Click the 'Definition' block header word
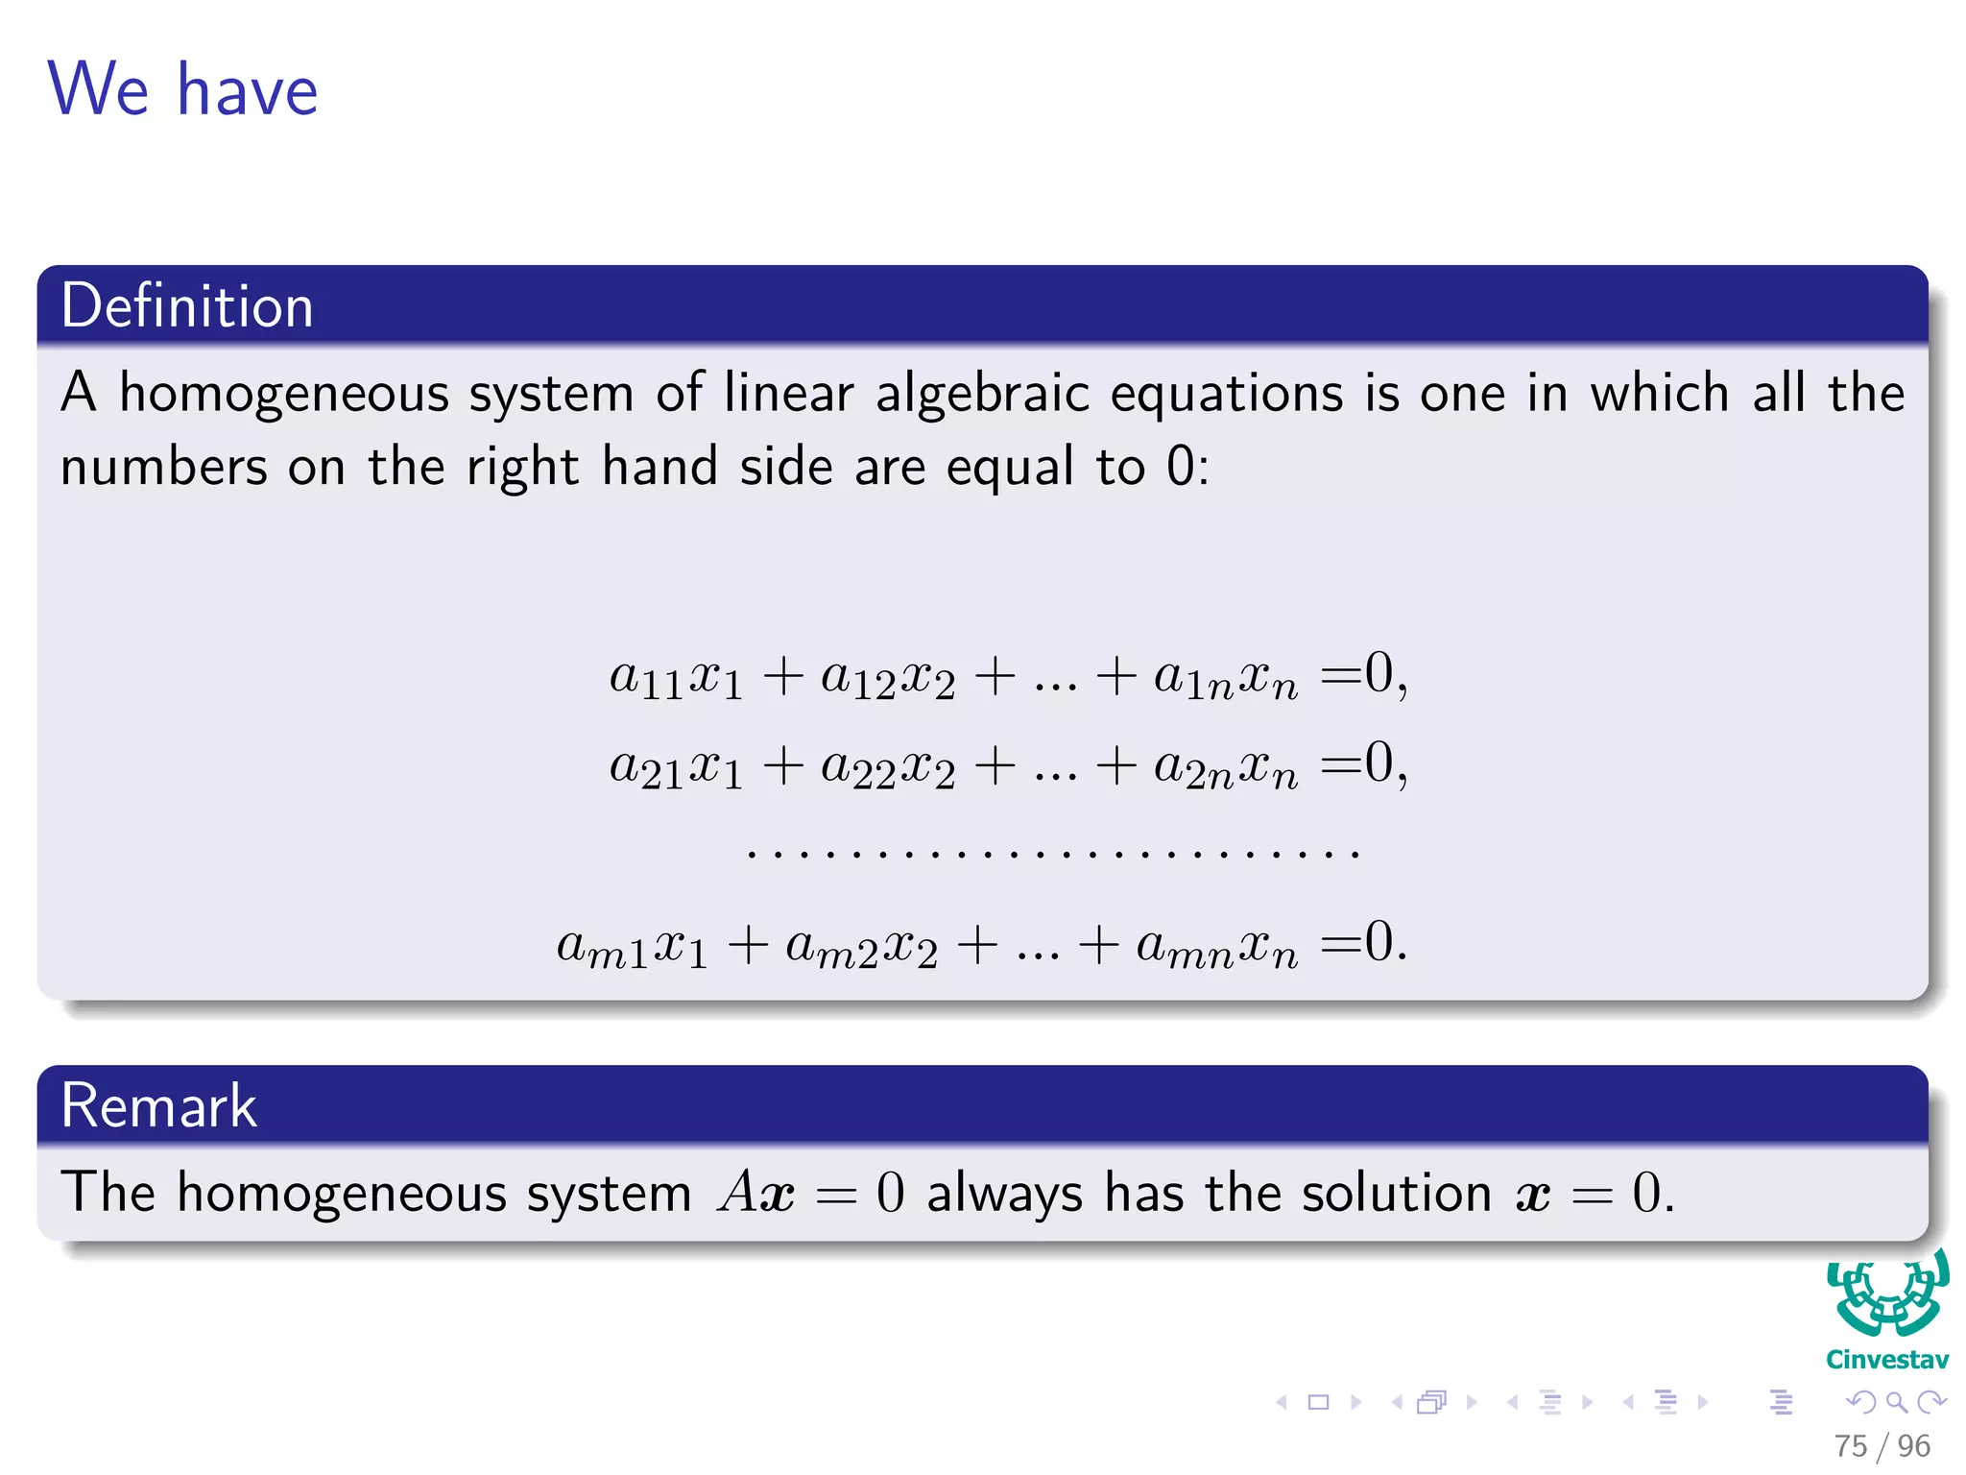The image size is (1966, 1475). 187,306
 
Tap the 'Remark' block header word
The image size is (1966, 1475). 158,1105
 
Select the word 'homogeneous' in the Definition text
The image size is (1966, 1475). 284,394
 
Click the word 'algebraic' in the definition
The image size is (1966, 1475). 981,394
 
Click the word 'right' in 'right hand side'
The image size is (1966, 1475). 522,468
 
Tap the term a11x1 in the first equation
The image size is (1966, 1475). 676,677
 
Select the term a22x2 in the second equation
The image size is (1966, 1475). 888,767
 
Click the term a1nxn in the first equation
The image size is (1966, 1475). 1225,677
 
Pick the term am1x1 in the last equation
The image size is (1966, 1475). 632,946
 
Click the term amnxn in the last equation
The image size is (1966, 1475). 1216,946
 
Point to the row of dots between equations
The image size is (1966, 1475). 1052,852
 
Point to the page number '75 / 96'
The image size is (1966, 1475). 1882,1445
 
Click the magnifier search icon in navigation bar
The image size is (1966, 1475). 1896,1402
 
